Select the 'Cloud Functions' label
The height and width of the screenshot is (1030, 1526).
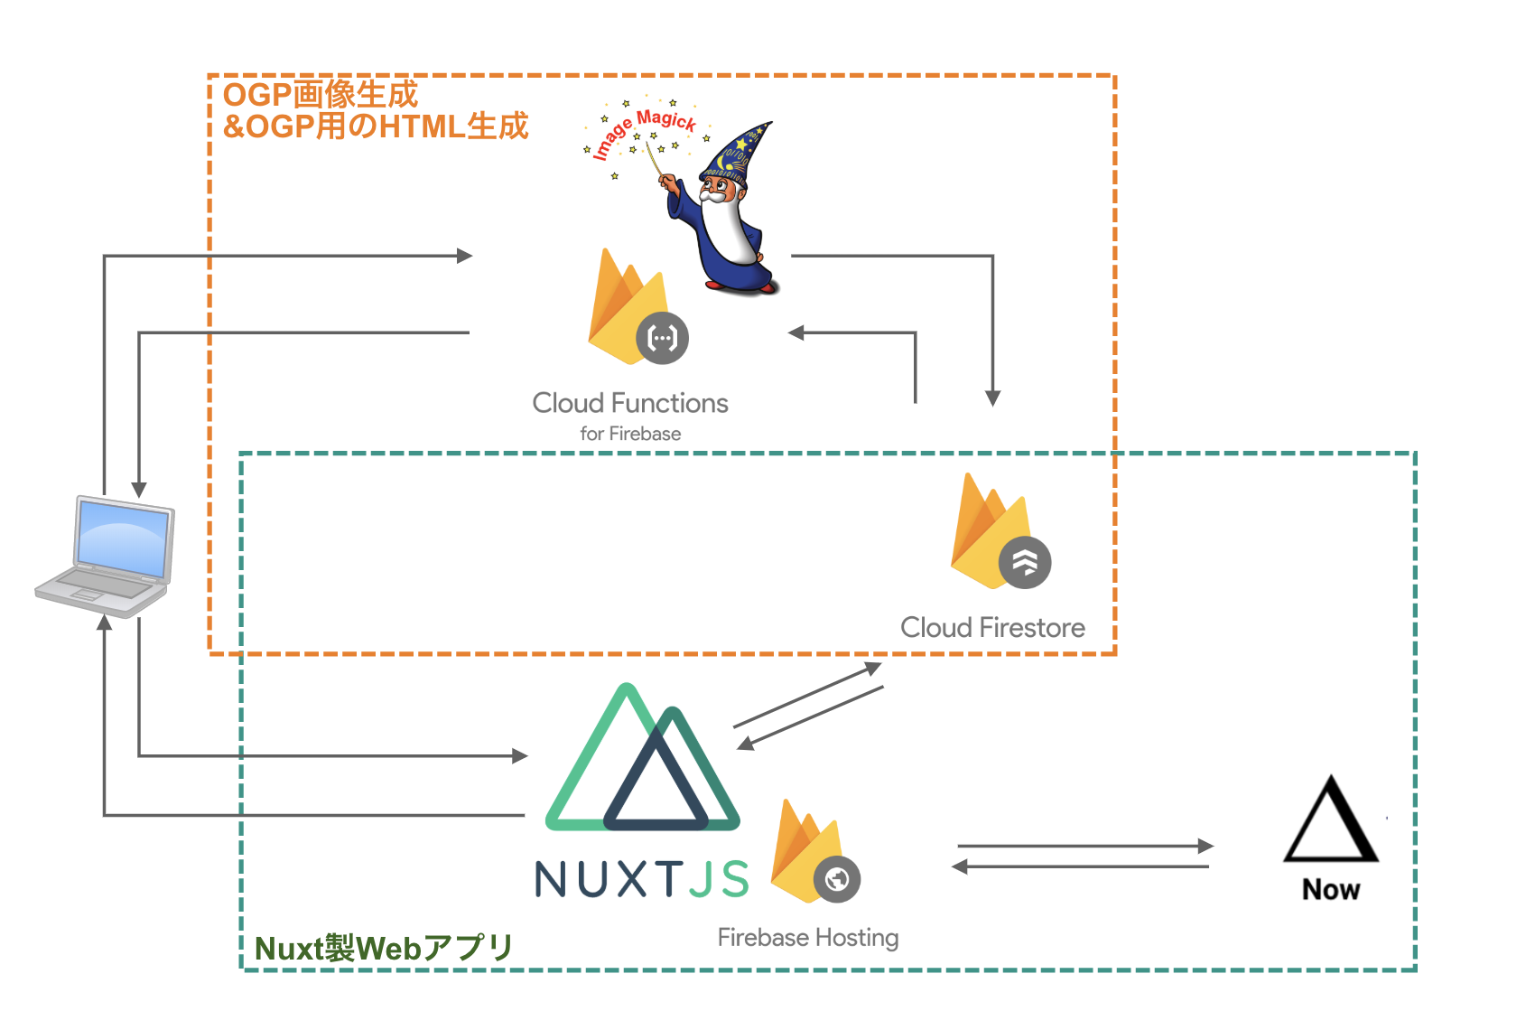pyautogui.click(x=630, y=403)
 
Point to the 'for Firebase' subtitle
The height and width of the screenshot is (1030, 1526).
pyautogui.click(x=630, y=434)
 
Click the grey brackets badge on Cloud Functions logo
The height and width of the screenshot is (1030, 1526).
pyautogui.click(x=663, y=339)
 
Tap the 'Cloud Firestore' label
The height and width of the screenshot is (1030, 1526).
pyautogui.click(x=992, y=627)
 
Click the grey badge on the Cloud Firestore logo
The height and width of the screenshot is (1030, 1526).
pyautogui.click(x=1025, y=563)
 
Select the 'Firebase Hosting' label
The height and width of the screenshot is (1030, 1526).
pyautogui.click(x=808, y=938)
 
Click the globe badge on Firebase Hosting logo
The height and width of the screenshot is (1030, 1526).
pyautogui.click(x=837, y=879)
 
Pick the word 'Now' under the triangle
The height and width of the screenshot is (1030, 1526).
pyautogui.click(x=1331, y=890)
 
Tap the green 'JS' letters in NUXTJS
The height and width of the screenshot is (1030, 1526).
pyautogui.click(x=720, y=879)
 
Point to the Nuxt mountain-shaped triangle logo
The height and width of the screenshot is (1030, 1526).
pyautogui.click(x=643, y=763)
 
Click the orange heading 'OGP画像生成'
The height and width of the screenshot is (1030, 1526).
pyautogui.click(x=321, y=94)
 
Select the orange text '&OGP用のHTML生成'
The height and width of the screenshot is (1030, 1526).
pyautogui.click(x=376, y=126)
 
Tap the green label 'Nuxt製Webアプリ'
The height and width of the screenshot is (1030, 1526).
pyautogui.click(x=384, y=949)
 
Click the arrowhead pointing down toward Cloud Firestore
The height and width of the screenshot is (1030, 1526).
pyautogui.click(x=992, y=398)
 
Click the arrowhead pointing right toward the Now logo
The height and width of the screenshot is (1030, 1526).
pyautogui.click(x=1205, y=847)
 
